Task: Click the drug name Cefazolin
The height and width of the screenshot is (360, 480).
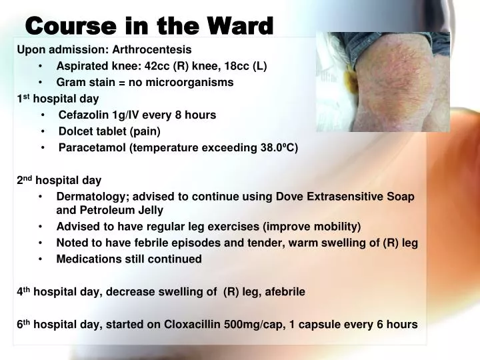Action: [83, 115]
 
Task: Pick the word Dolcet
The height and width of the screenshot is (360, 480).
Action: [75, 131]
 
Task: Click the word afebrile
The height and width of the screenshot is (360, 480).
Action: [283, 291]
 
